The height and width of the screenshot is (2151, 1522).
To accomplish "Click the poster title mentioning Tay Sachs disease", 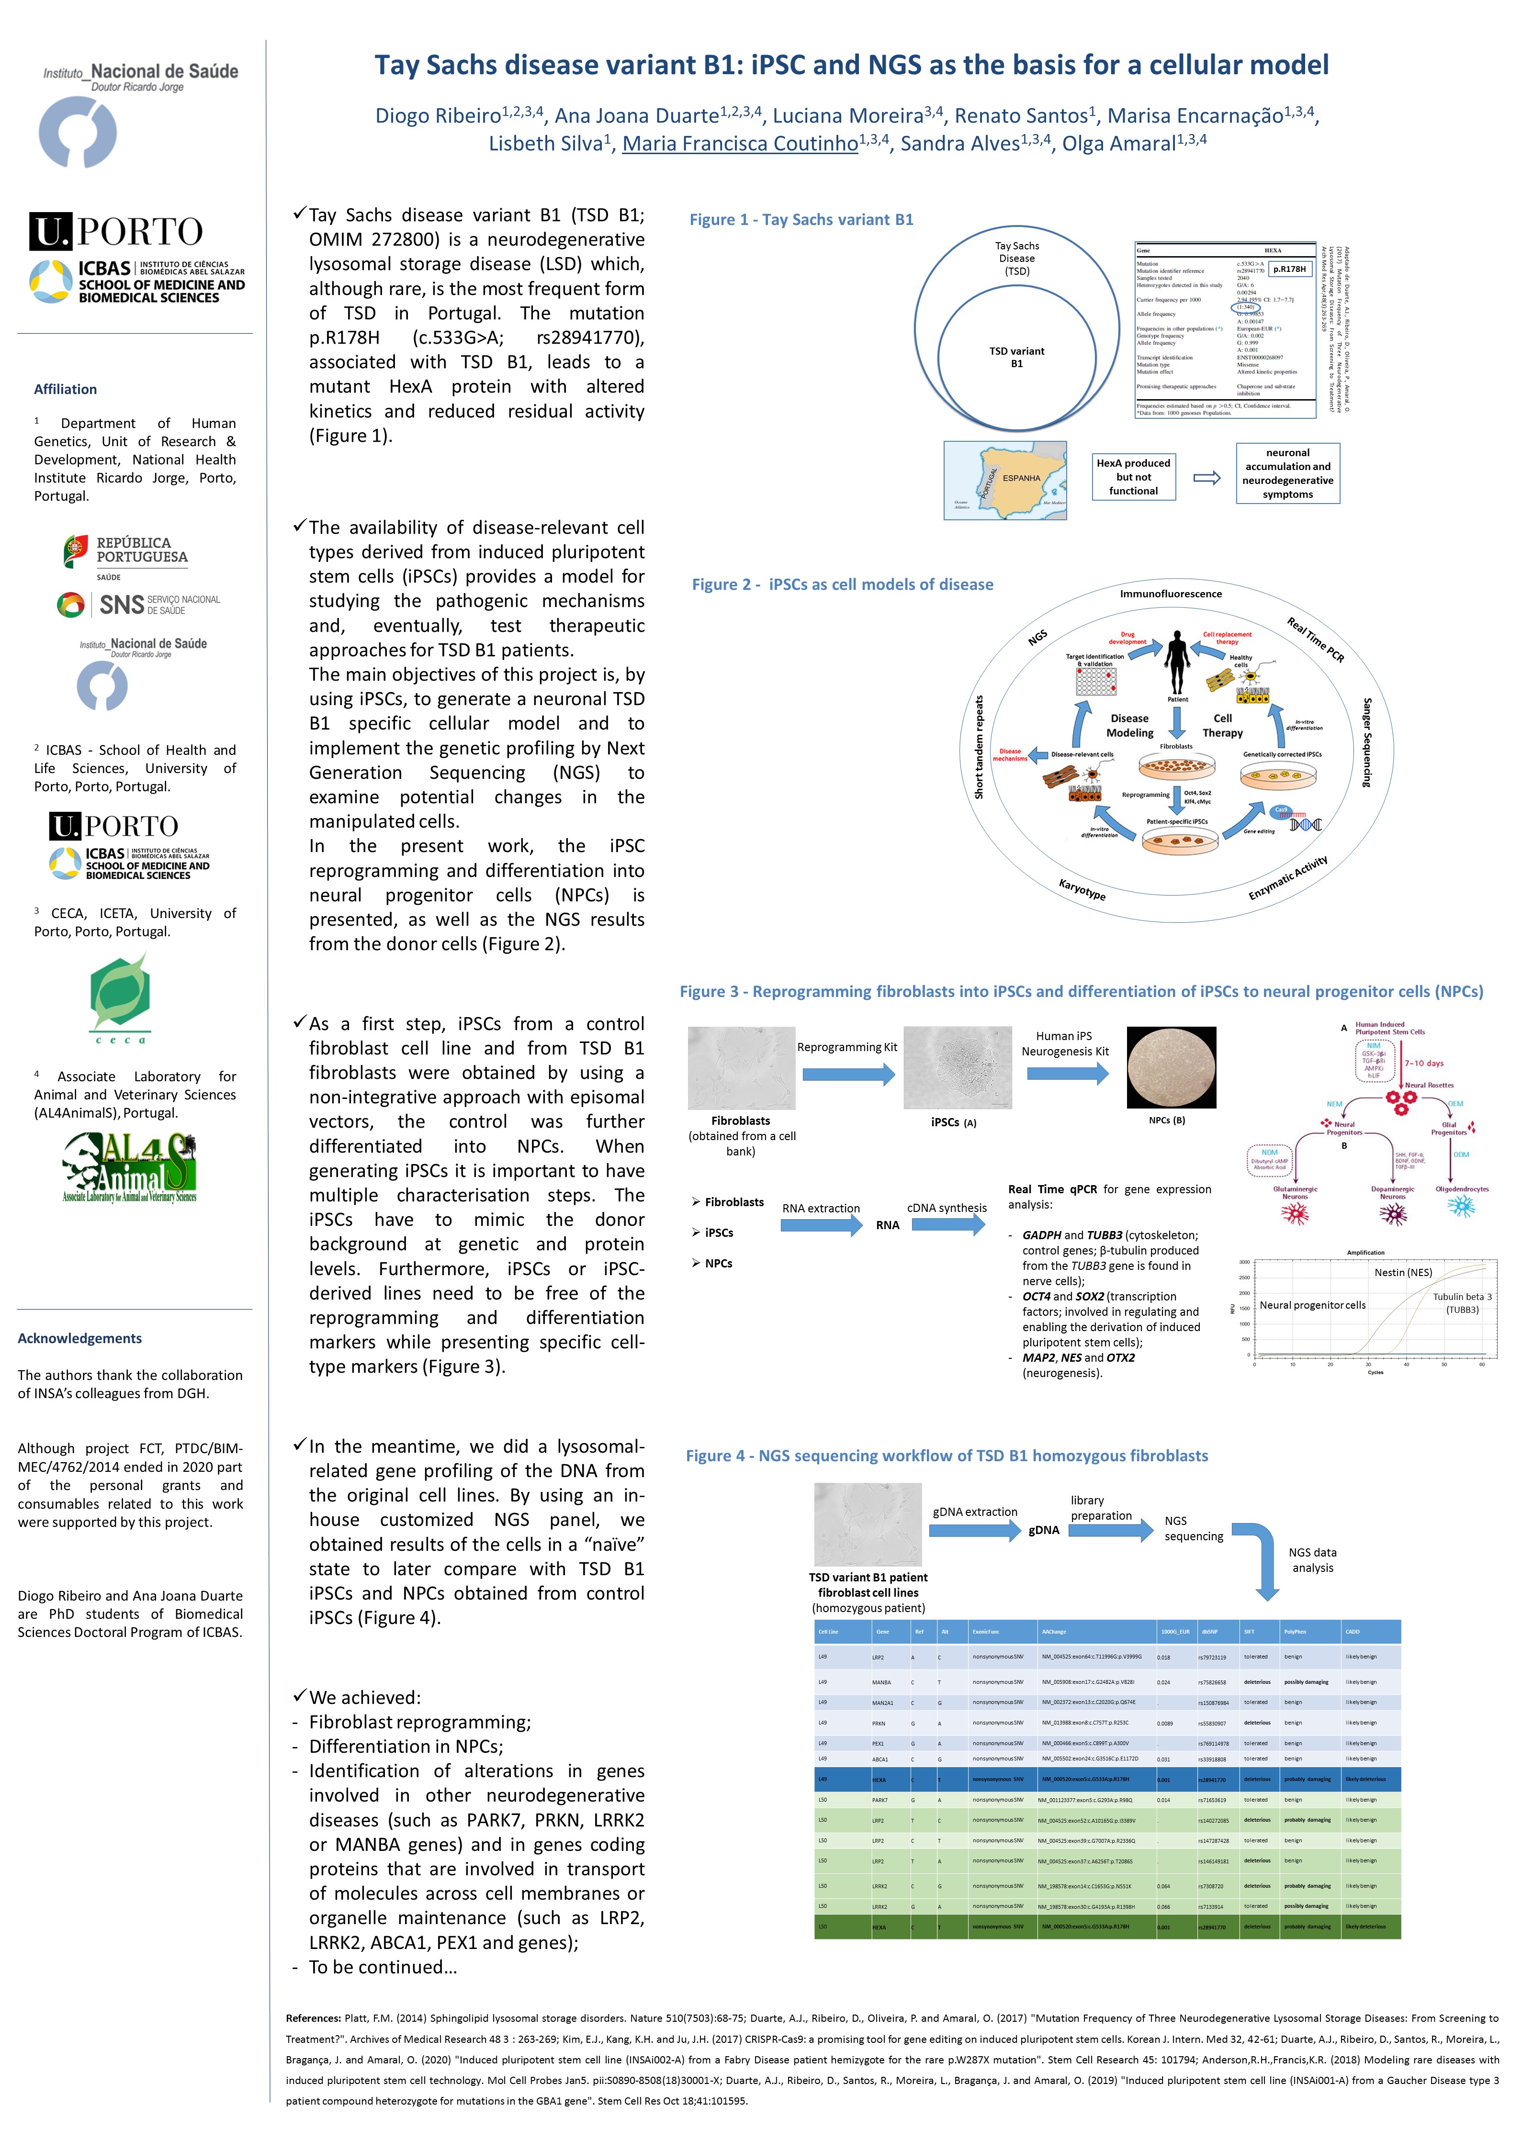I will click(x=851, y=66).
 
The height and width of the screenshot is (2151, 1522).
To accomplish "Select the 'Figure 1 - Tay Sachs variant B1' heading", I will click(x=801, y=219).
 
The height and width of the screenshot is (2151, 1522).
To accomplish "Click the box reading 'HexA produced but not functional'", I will click(x=1133, y=477).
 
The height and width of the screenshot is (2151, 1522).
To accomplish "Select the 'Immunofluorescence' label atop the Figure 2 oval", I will click(x=1171, y=594).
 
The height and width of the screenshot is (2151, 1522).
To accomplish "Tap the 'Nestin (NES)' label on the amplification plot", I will click(x=1403, y=1272).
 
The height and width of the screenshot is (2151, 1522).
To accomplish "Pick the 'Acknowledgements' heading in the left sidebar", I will click(x=79, y=1339).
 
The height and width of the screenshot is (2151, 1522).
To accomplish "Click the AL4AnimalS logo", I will click(x=129, y=1167).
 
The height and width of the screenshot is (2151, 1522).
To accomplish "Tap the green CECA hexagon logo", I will click(x=120, y=996).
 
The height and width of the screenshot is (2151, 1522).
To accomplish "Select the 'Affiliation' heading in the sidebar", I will click(x=66, y=390).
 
